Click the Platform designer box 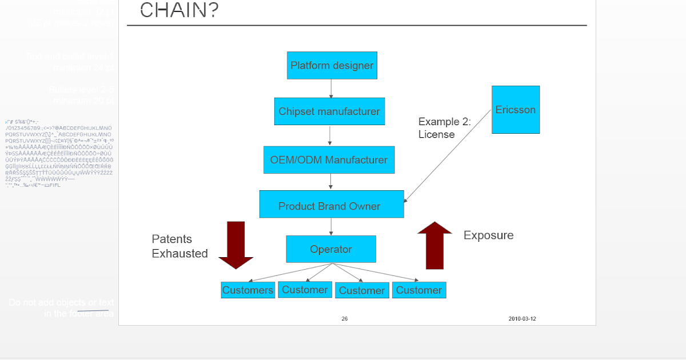click(332, 65)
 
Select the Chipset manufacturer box click(329, 111)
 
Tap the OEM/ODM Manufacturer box click(329, 160)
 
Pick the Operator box click(330, 249)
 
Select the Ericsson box click(516, 110)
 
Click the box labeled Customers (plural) click(248, 290)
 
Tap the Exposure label click(488, 235)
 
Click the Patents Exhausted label click(180, 246)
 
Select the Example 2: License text click(444, 128)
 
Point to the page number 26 click(344, 319)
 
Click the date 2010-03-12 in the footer click(522, 319)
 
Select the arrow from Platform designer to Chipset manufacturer click(331, 89)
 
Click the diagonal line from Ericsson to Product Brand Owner click(448, 155)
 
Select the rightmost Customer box click(418, 290)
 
